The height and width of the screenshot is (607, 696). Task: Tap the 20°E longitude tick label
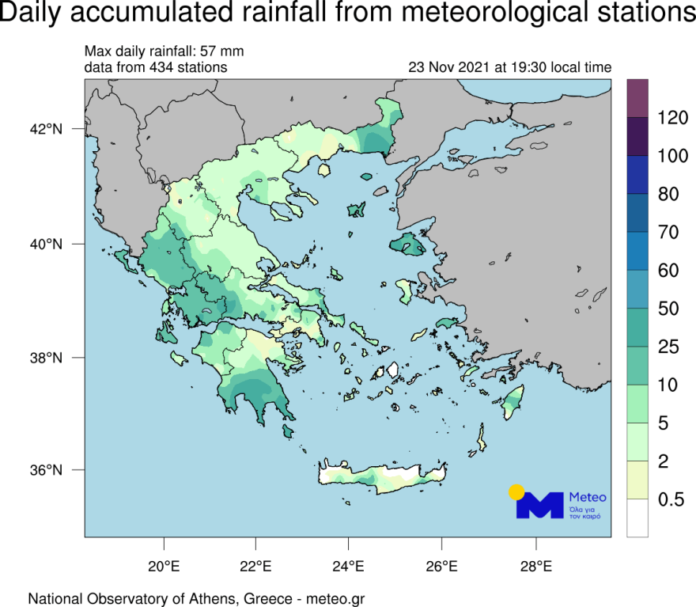tap(164, 567)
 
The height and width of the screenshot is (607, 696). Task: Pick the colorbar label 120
tap(672, 118)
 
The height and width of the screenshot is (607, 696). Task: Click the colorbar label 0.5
tap(672, 499)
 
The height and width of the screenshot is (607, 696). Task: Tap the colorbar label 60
tap(668, 271)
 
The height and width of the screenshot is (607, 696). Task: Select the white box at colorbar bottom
tap(637, 518)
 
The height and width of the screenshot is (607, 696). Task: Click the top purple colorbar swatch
tap(637, 98)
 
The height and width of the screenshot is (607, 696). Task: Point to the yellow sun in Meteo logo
tap(516, 491)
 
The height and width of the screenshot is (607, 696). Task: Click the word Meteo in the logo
tap(588, 497)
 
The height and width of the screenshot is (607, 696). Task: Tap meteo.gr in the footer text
tap(335, 598)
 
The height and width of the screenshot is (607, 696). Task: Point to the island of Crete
tap(380, 478)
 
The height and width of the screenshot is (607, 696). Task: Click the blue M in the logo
tap(540, 506)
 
